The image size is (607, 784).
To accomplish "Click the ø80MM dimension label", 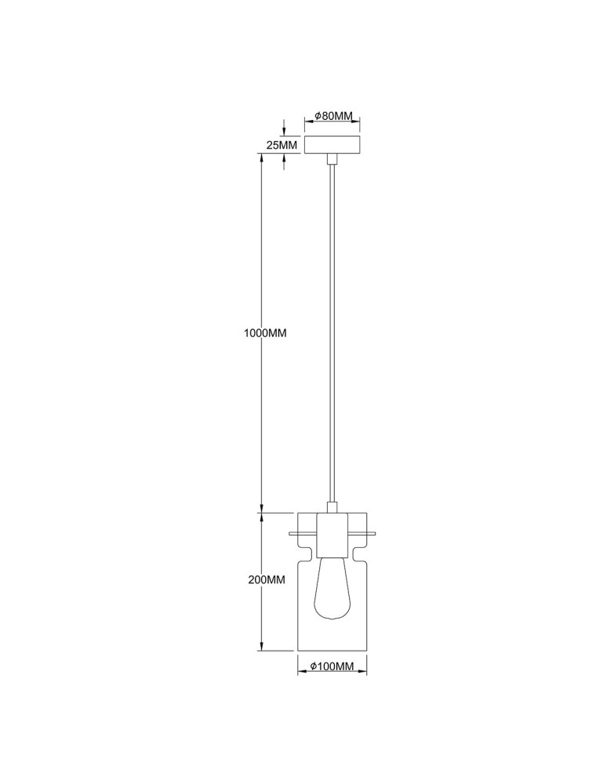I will tap(333, 116).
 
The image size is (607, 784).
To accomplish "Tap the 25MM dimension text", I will tap(282, 146).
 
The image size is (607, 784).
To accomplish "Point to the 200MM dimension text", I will tap(264, 581).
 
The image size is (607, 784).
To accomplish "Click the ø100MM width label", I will tap(334, 666).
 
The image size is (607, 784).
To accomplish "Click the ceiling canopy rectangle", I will tap(333, 146).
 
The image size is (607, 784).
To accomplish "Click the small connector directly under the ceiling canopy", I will tap(333, 159).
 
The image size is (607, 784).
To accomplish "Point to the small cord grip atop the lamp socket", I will tap(333, 508).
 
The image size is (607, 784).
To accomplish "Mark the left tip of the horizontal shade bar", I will tap(291, 535).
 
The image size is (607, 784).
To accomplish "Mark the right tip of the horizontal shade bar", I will tap(376, 535).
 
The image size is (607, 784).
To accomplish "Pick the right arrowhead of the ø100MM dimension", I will tap(365, 674).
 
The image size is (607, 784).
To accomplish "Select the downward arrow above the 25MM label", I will tap(285, 132).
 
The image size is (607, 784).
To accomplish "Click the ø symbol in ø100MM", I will tap(314, 666).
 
